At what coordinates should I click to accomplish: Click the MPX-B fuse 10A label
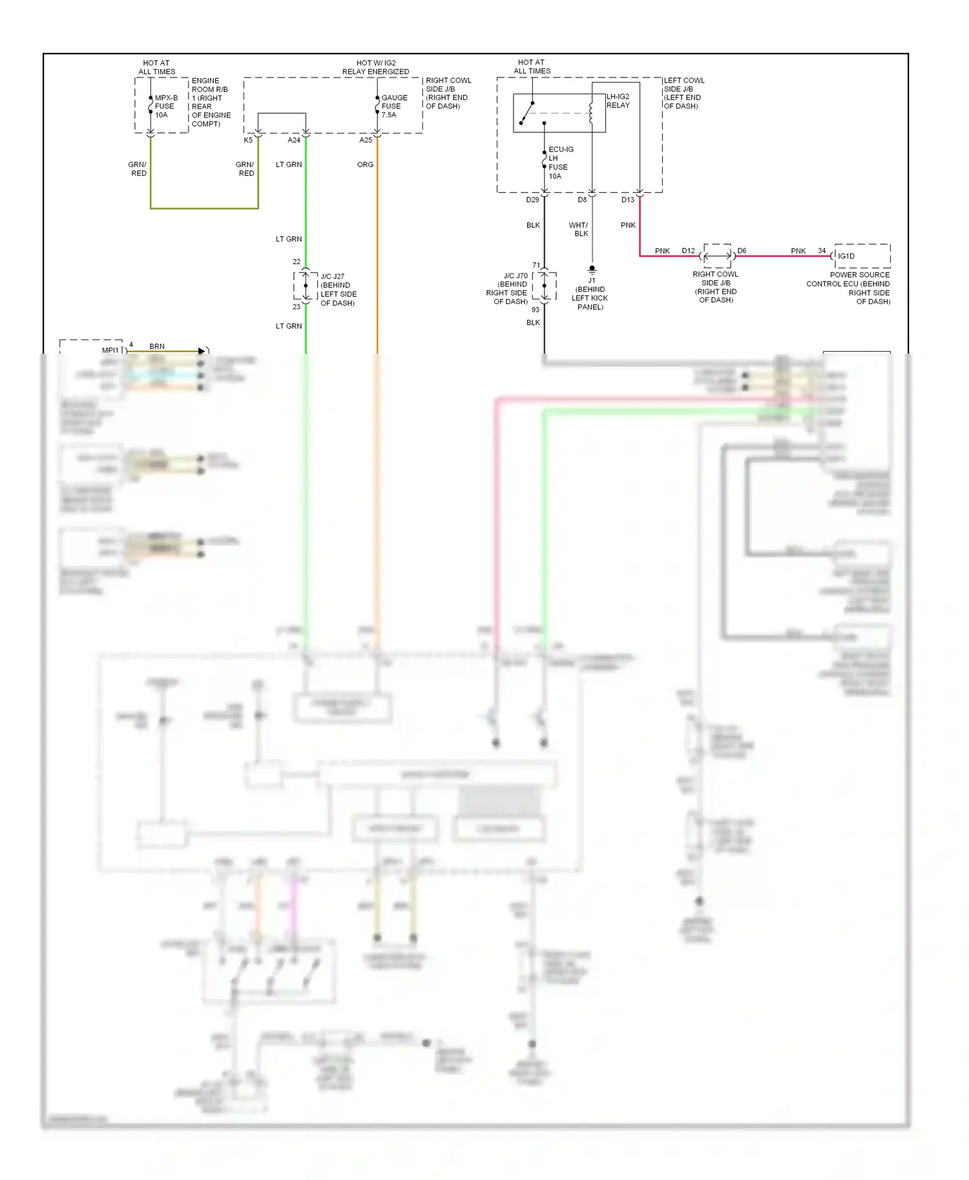[165, 107]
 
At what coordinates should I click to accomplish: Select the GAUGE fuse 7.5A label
[393, 107]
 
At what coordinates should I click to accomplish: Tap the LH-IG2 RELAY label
[618, 101]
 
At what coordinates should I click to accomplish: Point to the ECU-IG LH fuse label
[559, 163]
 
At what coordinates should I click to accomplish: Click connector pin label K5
[248, 140]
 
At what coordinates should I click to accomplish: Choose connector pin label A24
[294, 140]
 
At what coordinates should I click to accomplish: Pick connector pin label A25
[366, 140]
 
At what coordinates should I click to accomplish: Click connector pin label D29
[532, 200]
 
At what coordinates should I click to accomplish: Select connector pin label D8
[582, 200]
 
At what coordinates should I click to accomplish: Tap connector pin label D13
[628, 200]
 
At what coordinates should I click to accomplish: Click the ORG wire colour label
[365, 165]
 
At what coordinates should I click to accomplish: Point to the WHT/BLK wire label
[579, 230]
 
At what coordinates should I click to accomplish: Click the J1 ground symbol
[592, 269]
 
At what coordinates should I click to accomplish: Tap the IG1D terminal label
[846, 256]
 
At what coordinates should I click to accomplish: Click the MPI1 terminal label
[110, 351]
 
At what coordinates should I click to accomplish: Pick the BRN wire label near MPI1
[157, 347]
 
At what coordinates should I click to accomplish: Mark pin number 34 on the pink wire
[822, 250]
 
